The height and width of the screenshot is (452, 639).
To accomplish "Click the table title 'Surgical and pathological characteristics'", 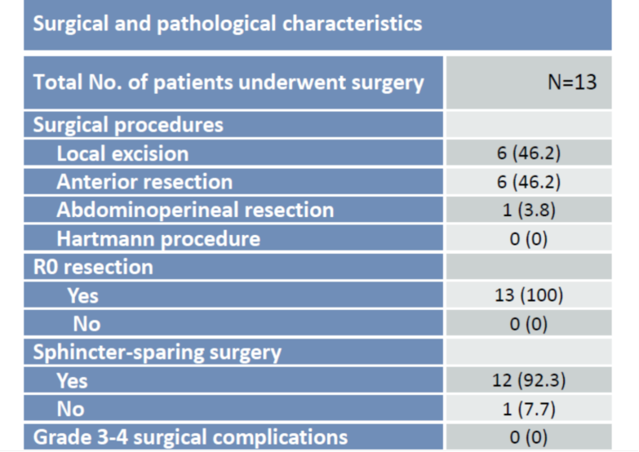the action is click(x=228, y=23).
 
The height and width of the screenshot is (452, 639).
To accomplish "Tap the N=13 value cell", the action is click(x=572, y=82).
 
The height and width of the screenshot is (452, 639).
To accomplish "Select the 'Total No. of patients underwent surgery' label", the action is click(x=229, y=82).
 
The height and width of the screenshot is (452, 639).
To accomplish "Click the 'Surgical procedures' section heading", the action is click(x=128, y=125).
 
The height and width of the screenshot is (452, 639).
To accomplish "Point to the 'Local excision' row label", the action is click(x=122, y=153).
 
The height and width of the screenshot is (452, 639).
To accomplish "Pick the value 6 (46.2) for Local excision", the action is click(x=529, y=153).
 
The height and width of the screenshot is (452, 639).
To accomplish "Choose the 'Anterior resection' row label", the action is click(x=144, y=182).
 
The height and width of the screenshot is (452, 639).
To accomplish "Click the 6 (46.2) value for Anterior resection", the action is click(x=529, y=182).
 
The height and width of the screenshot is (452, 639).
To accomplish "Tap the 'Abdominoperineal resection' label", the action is click(x=195, y=210).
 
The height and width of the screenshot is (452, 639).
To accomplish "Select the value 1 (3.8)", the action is click(x=529, y=210).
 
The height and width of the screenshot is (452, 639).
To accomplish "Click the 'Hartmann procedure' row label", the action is click(x=158, y=239).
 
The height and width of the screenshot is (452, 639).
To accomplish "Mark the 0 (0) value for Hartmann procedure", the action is click(x=529, y=239).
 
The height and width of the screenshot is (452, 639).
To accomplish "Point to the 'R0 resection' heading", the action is click(x=93, y=268).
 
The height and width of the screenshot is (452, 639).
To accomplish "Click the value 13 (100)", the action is click(x=529, y=295).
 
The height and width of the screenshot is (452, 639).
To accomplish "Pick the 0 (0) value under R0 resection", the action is click(x=529, y=325).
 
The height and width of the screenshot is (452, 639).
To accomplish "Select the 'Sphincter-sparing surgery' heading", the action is click(x=158, y=352).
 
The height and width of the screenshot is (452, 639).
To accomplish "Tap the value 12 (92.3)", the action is click(x=529, y=381).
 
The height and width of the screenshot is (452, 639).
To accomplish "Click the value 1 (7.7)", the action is click(x=529, y=410).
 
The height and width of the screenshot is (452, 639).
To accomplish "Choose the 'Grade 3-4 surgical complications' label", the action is click(x=190, y=437).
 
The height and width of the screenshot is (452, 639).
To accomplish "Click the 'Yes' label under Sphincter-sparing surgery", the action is click(x=72, y=381).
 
